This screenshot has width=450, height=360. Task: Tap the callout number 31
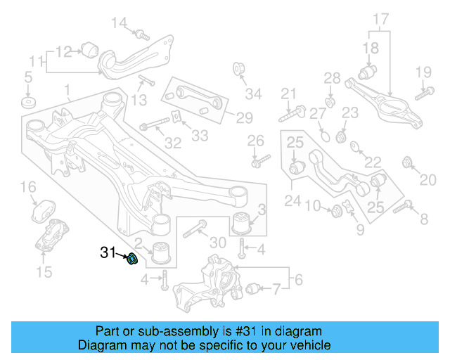coord(108,252)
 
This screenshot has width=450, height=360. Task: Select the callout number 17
coord(380,18)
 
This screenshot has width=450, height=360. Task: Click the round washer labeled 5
coord(29,103)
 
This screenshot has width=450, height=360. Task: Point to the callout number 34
coord(252,93)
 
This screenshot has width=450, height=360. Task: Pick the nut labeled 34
coord(238,69)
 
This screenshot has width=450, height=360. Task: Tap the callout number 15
coord(44,271)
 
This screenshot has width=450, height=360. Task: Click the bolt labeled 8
coord(403,207)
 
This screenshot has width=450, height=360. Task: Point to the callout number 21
coord(289,94)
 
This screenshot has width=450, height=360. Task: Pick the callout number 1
coord(67,90)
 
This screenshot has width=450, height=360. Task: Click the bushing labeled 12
coord(89,49)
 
